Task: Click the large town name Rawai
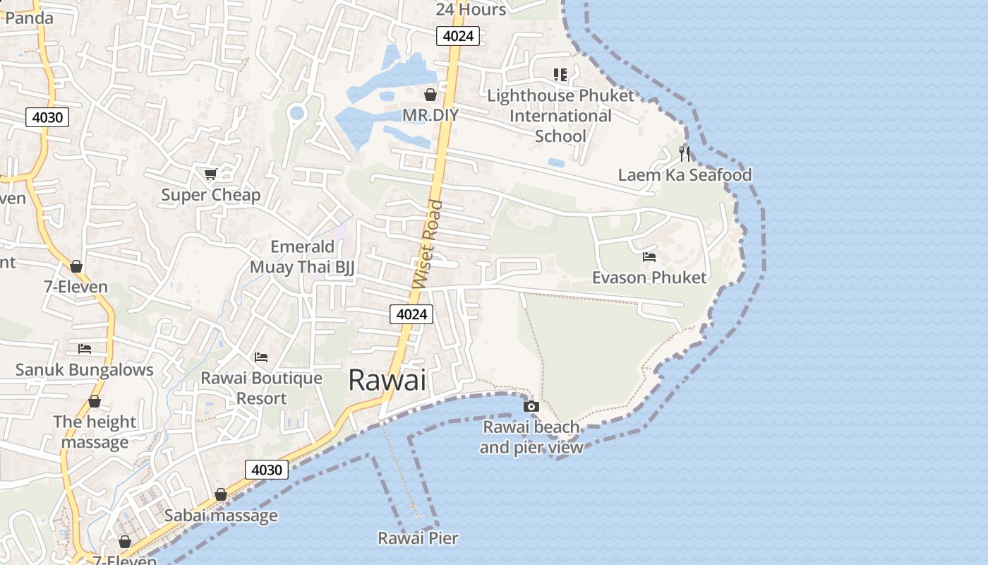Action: click(387, 380)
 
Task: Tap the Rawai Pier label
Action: click(418, 538)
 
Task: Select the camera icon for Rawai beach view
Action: click(531, 406)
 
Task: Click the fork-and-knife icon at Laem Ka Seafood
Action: click(684, 153)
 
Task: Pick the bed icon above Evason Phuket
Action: click(649, 256)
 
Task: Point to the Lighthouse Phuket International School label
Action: click(561, 116)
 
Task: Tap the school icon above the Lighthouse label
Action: click(560, 74)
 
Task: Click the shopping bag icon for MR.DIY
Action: click(430, 95)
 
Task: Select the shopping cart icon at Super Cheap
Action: click(210, 174)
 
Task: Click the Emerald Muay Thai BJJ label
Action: click(302, 256)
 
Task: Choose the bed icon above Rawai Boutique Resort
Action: click(261, 357)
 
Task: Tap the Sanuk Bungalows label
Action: click(85, 369)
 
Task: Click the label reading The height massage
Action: click(95, 432)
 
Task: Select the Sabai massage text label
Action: click(221, 516)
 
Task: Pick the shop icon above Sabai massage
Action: click(221, 494)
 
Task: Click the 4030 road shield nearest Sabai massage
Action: click(267, 470)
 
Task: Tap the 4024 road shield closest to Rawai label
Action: click(411, 314)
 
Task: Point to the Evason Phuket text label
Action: click(649, 278)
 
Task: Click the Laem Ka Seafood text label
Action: click(685, 174)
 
